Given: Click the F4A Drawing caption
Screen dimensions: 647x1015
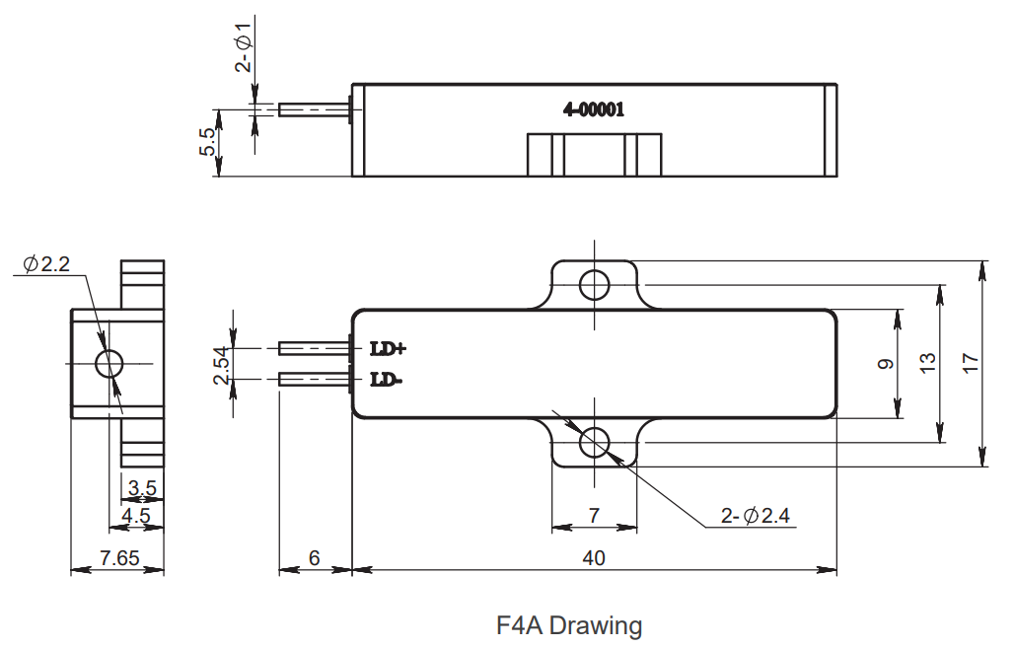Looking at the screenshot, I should point(569,625).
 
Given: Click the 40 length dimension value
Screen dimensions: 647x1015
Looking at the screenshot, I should point(593,558).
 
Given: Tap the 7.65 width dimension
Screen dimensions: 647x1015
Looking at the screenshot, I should point(120,558).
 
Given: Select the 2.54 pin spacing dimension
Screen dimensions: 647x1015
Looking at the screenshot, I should point(221,365).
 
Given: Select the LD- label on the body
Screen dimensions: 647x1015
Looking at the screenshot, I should point(386,379).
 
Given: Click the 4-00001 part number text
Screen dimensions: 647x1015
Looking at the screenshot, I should point(593,110).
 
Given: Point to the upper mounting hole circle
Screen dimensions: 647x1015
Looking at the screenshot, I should point(594,284).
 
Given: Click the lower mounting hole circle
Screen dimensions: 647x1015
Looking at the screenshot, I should point(594,443).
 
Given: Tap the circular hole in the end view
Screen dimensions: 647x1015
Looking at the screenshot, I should point(109,364).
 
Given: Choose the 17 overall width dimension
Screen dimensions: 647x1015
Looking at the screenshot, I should point(971,363).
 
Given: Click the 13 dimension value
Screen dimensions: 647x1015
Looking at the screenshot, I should point(927,363).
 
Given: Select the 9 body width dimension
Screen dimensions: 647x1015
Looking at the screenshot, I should point(885,363).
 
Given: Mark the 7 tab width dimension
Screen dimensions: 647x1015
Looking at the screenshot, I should point(594,515).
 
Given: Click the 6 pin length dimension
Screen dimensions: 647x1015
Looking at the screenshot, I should point(315,558).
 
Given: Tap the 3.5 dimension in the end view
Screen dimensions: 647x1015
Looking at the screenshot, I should point(142,487).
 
